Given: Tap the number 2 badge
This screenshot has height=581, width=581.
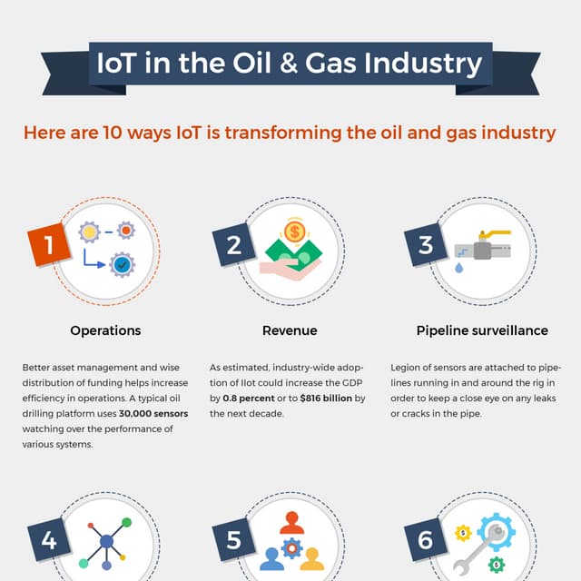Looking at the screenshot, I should [233, 245].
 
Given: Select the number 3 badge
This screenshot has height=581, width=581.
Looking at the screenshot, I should [425, 245].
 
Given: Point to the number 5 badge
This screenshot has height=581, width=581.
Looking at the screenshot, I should [233, 541].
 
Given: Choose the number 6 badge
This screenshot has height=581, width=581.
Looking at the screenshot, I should [425, 541].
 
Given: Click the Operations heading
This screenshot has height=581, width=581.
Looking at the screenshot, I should [105, 330].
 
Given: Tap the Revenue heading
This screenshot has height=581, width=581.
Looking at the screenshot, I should [290, 330].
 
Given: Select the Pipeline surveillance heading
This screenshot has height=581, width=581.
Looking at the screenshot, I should [482, 330].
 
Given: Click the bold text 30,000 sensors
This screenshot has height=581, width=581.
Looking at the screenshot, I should [154, 414].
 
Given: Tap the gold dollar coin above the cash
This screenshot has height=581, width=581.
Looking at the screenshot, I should [293, 232].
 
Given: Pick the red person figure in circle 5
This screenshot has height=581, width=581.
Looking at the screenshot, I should [290, 522].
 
